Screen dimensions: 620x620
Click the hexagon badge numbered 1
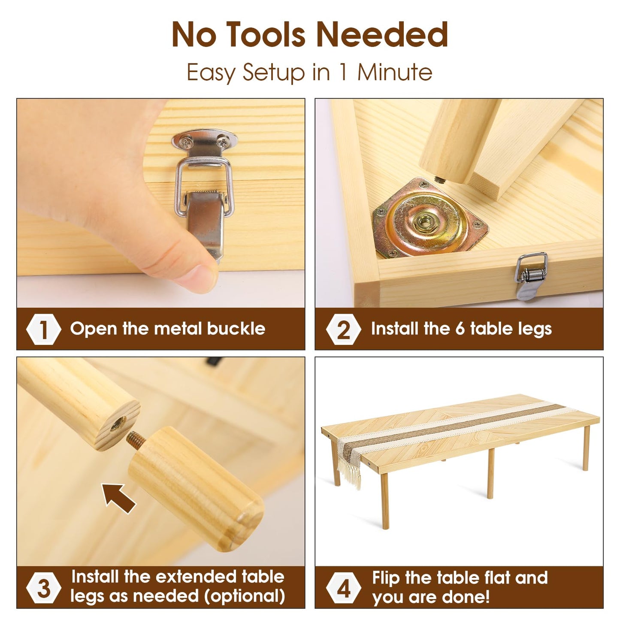click(43, 329)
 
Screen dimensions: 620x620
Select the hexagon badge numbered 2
click(343, 329)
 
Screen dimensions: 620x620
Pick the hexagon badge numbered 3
click(43, 589)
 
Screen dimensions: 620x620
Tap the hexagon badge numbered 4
click(343, 589)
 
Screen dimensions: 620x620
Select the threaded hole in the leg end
click(118, 423)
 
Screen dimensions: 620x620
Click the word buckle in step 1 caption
click(236, 329)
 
